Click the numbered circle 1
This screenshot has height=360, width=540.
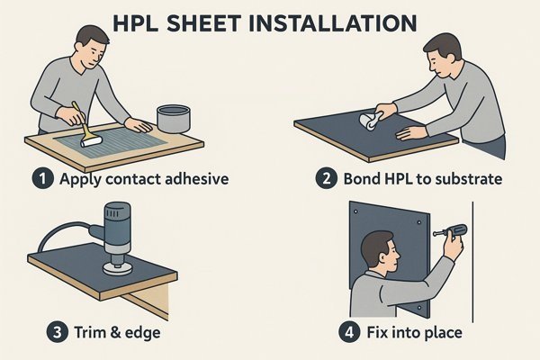point(42,178)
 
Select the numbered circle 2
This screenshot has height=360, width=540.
point(326,178)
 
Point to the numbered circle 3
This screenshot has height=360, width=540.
point(58,332)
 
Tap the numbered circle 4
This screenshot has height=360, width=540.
point(349,332)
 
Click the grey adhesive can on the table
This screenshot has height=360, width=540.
point(173,119)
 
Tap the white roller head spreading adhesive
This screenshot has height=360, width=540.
point(92,141)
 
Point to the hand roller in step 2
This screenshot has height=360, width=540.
point(369,121)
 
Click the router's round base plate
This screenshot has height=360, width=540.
point(117,269)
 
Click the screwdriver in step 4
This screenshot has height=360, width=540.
point(451,230)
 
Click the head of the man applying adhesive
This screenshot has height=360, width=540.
point(92,47)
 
